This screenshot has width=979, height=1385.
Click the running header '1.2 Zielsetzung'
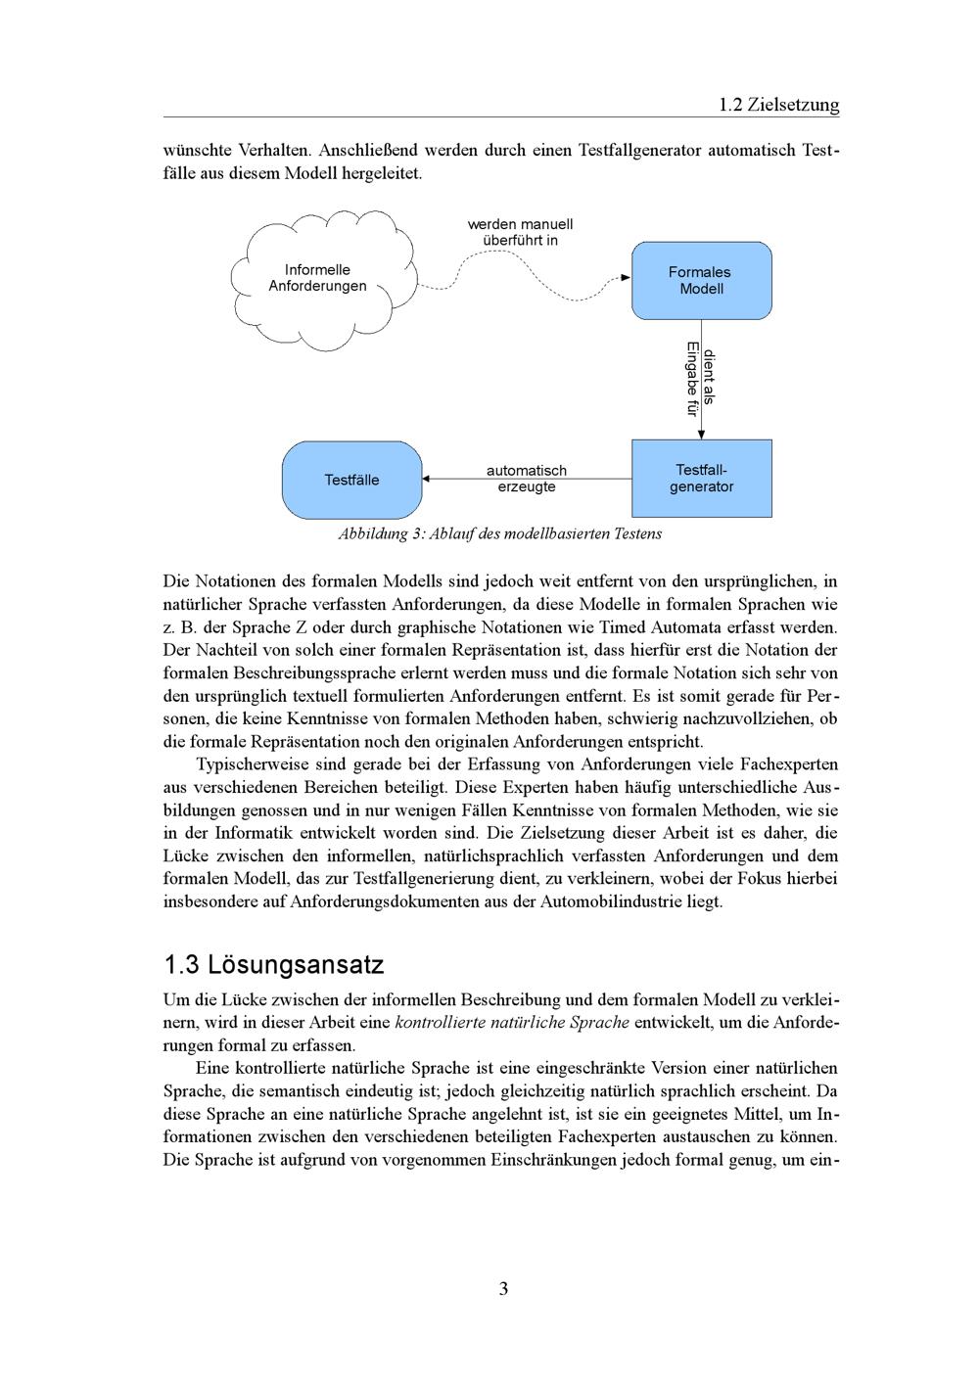coord(778,105)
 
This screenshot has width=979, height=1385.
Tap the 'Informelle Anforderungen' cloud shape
coord(318,278)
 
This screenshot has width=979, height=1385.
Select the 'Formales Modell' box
coord(701,280)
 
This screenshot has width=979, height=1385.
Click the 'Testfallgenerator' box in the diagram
coord(701,479)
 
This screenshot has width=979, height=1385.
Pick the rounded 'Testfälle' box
coord(351,480)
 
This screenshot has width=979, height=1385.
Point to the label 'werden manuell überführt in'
coord(520,232)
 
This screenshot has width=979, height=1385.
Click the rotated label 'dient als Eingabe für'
coord(701,379)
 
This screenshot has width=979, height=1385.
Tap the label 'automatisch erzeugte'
coord(526,479)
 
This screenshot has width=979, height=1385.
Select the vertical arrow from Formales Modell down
coord(701,411)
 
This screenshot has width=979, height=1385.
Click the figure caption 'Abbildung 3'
coord(499,534)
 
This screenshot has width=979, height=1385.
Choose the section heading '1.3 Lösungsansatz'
coord(273,965)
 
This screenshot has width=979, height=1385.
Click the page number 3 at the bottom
coord(503,1289)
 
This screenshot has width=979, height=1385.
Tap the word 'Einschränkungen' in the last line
coord(556,1160)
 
